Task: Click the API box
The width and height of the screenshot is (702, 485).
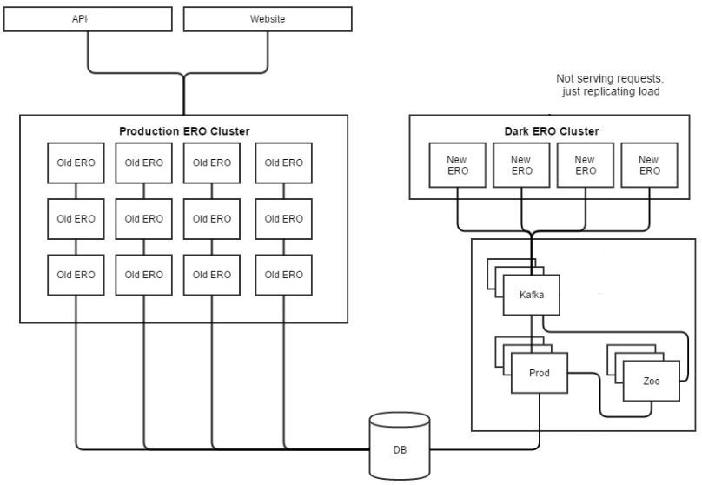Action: tap(89, 19)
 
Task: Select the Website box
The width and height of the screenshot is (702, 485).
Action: tap(268, 19)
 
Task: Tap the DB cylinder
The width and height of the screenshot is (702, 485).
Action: tap(399, 445)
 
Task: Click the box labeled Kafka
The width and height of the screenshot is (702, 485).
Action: tap(532, 296)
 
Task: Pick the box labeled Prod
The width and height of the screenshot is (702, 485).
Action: tap(540, 372)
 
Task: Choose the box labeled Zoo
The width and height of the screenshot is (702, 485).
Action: tap(651, 381)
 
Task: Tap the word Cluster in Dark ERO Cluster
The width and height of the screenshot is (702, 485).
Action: tap(579, 131)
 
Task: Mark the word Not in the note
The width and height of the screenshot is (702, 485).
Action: tap(565, 79)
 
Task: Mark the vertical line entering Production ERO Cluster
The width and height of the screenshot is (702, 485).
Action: tap(183, 96)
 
